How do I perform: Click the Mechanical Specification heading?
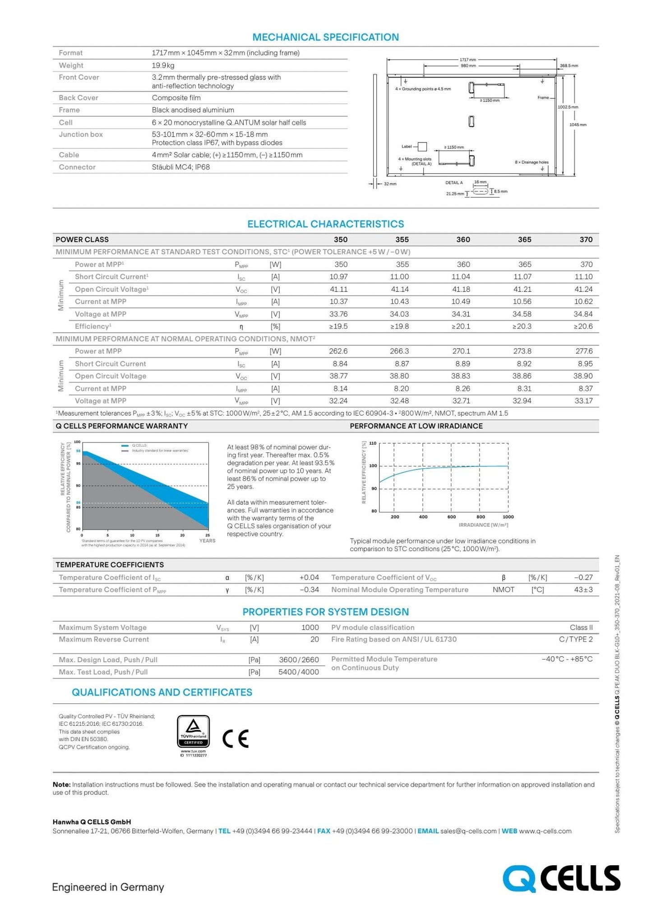[325, 37]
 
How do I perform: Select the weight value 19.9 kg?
[163, 65]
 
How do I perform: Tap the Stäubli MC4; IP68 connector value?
[180, 167]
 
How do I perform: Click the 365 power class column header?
[524, 240]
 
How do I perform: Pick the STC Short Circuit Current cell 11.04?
[460, 277]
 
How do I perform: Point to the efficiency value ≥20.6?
[583, 326]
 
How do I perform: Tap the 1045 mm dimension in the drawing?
[578, 124]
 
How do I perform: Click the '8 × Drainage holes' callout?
[532, 162]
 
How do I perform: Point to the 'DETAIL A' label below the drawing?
[454, 183]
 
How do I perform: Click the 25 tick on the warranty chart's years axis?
[208, 535]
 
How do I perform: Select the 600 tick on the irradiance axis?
[451, 517]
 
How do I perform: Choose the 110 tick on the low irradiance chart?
[373, 443]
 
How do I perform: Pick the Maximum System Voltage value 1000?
[310, 627]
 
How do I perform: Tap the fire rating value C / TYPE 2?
[575, 639]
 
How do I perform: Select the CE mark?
[236, 738]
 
